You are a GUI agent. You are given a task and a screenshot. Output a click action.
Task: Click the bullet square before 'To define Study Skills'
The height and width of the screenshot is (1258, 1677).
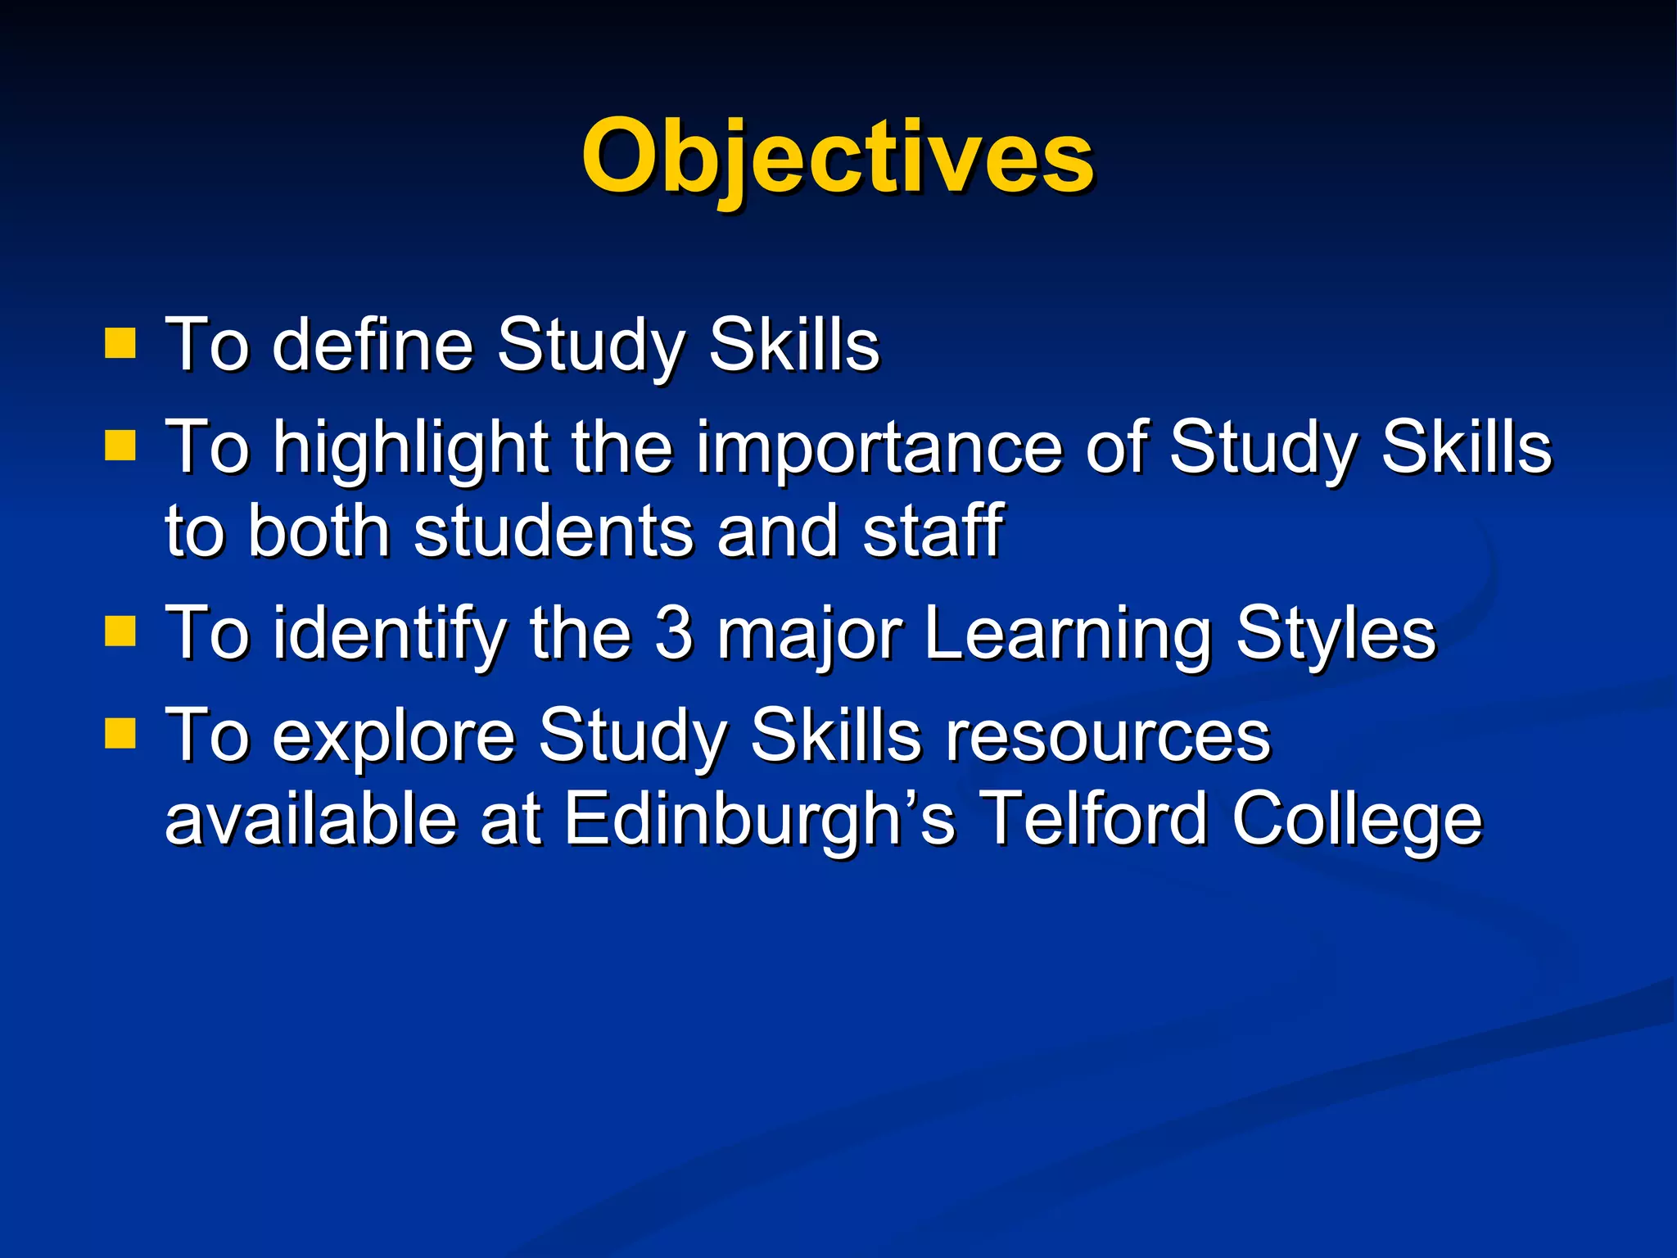120,345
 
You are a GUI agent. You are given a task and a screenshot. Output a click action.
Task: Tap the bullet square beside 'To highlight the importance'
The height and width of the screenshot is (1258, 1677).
120,447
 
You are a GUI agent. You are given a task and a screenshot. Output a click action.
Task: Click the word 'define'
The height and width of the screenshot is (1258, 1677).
373,345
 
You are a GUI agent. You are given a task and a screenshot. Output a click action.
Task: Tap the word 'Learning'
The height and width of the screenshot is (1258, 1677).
1068,635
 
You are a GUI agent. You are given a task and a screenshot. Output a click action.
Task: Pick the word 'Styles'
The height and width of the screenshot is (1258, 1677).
1336,635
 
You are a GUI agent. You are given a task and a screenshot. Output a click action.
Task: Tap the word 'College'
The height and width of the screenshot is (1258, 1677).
1357,821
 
